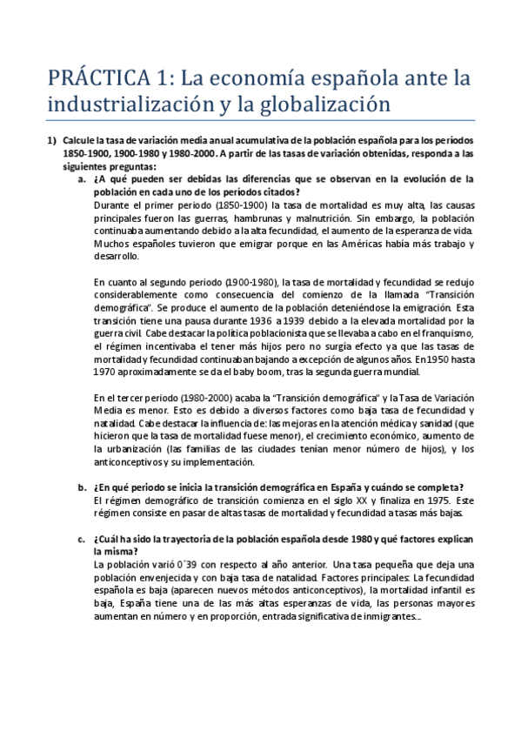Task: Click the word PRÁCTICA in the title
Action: [96, 78]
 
